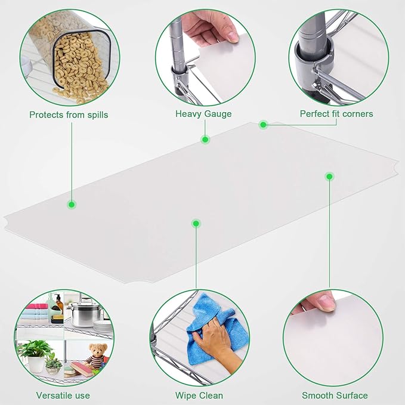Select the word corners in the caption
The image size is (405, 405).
357,114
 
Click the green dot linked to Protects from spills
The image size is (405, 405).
72,205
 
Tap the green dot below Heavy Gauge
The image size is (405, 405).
205,140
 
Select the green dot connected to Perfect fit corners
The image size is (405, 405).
263,125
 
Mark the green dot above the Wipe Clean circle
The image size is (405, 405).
196,224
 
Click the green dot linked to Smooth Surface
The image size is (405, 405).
329,177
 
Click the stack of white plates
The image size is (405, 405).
103,326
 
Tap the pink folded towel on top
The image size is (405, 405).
36,307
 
